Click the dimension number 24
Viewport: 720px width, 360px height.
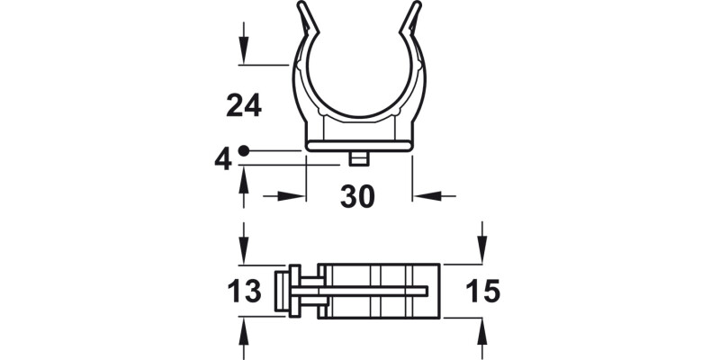[243, 106]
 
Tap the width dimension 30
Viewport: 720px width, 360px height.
[358, 196]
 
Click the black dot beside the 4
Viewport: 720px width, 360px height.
[244, 151]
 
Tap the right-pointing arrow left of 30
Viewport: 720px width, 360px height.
[288, 195]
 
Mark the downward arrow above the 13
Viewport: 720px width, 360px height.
[243, 245]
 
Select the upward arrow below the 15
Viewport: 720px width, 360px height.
[482, 338]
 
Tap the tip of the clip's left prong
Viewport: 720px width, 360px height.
[301, 7]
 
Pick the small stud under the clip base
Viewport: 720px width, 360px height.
[359, 158]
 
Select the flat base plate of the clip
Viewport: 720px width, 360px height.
[359, 145]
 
